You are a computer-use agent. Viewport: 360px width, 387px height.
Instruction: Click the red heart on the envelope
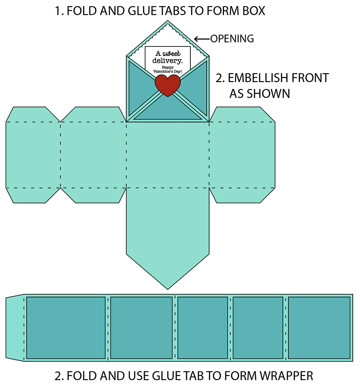click(x=167, y=85)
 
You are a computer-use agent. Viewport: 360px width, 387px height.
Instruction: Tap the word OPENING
click(x=232, y=39)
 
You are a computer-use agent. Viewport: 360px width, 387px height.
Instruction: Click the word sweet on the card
click(x=172, y=53)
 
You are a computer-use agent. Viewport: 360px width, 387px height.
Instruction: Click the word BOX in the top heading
click(x=253, y=11)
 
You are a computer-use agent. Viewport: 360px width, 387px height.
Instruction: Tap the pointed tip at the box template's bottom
click(x=168, y=286)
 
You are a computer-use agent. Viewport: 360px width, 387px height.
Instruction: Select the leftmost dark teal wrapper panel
click(x=66, y=328)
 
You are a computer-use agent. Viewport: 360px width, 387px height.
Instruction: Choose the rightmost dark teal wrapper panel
click(x=319, y=328)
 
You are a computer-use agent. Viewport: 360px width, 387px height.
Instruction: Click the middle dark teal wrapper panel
click(x=203, y=328)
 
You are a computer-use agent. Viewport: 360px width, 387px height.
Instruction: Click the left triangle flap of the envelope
click(x=139, y=86)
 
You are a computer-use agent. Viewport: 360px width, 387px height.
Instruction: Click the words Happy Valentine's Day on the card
click(x=167, y=69)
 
